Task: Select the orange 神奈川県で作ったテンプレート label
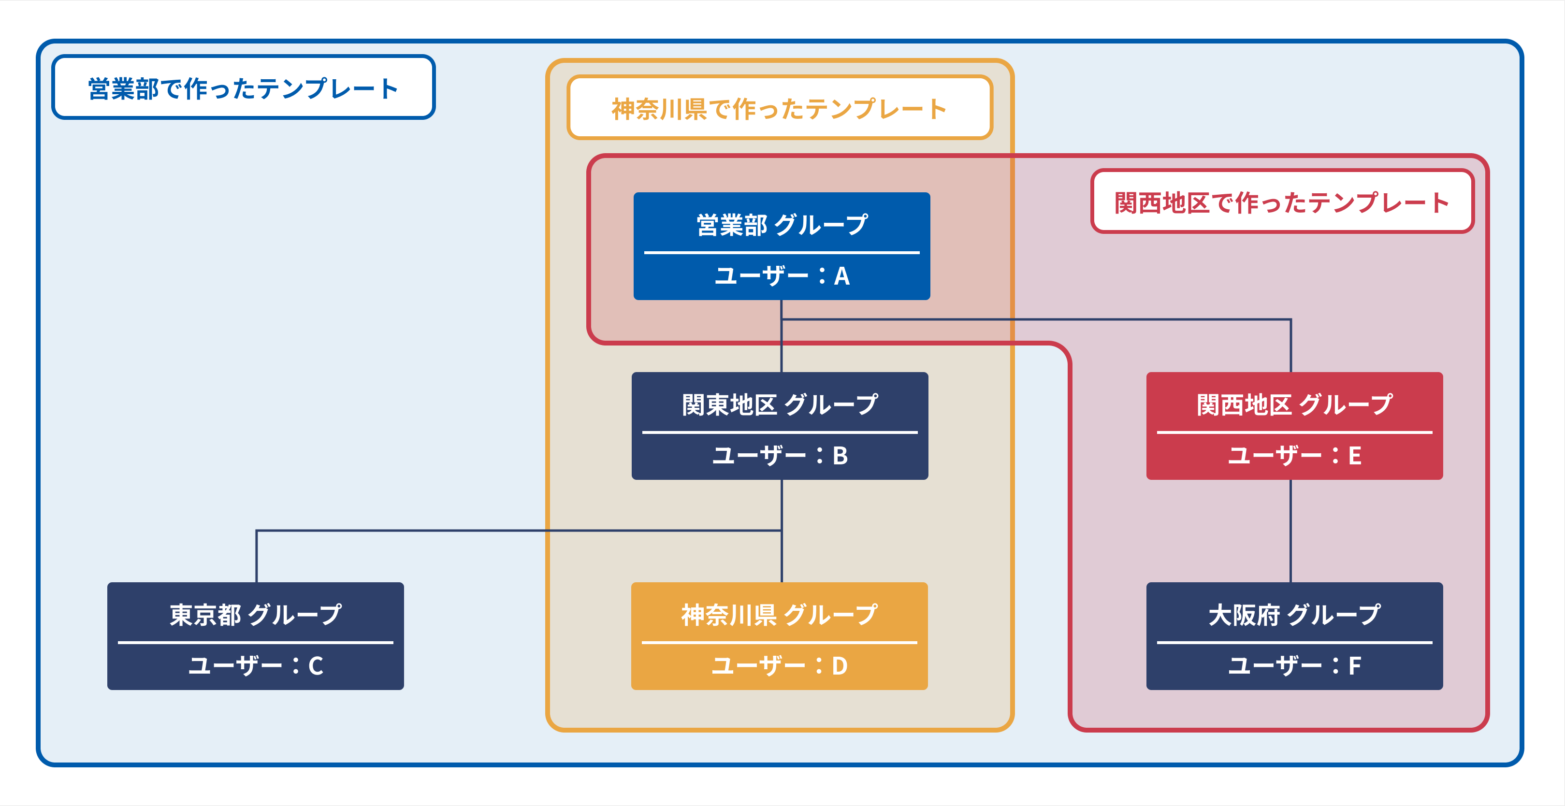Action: click(780, 109)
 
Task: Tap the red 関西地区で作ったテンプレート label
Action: click(1282, 202)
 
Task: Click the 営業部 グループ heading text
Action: click(782, 225)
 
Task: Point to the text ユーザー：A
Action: click(782, 276)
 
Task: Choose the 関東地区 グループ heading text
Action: click(780, 404)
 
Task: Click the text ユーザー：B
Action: click(780, 456)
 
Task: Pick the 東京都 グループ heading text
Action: click(256, 615)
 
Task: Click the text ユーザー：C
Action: click(256, 666)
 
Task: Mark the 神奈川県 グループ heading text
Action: click(780, 615)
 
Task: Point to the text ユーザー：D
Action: click(780, 666)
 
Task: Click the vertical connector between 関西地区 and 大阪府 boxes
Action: click(1291, 531)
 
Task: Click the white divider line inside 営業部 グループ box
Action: click(782, 252)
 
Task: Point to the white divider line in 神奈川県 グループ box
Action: click(780, 642)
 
